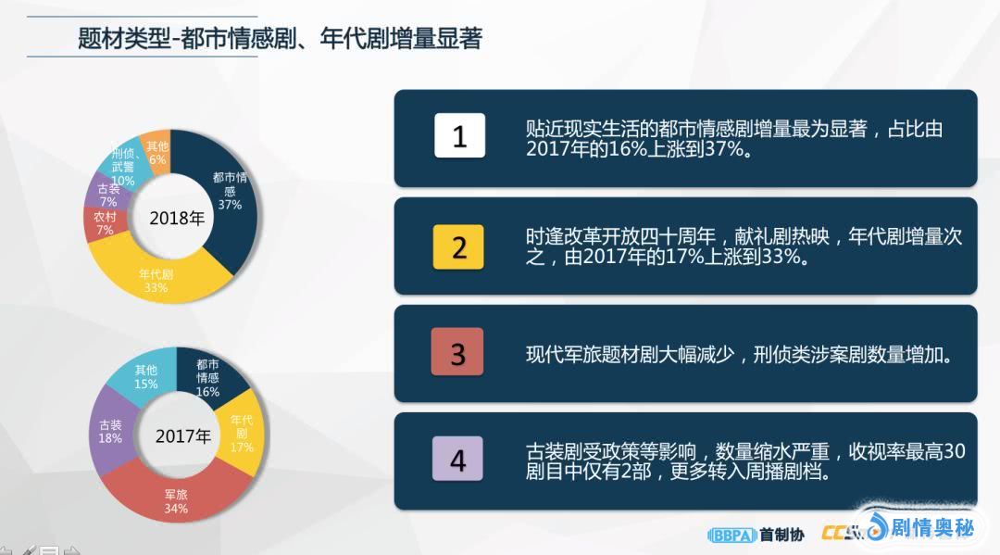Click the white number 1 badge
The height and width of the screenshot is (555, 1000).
click(459, 135)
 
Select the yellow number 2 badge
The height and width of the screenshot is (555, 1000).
click(458, 246)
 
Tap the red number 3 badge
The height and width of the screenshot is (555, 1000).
click(456, 351)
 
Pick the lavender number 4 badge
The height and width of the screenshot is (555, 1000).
click(457, 459)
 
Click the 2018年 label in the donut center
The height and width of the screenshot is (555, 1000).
click(177, 218)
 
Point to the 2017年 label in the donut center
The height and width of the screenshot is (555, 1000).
click(183, 436)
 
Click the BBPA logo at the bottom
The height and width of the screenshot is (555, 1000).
click(732, 536)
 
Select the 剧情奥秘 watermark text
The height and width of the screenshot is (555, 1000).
click(931, 527)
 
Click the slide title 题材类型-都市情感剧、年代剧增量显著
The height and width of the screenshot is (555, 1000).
click(280, 38)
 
